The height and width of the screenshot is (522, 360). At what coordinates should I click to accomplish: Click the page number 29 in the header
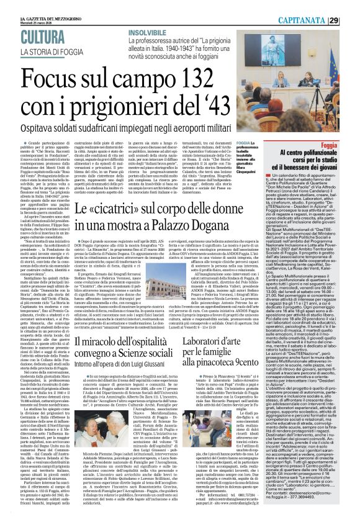click(351, 6)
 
